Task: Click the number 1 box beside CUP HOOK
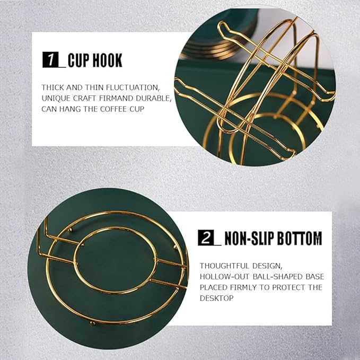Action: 51,60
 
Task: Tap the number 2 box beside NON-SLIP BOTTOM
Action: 206,238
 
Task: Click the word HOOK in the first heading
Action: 107,60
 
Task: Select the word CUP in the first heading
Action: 78,60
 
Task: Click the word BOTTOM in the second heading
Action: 300,239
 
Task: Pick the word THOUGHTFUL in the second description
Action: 224,266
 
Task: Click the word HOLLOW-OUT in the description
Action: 225,277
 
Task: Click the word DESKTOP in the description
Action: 216,298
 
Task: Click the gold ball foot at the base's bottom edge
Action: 93,323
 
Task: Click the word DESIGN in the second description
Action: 267,266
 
